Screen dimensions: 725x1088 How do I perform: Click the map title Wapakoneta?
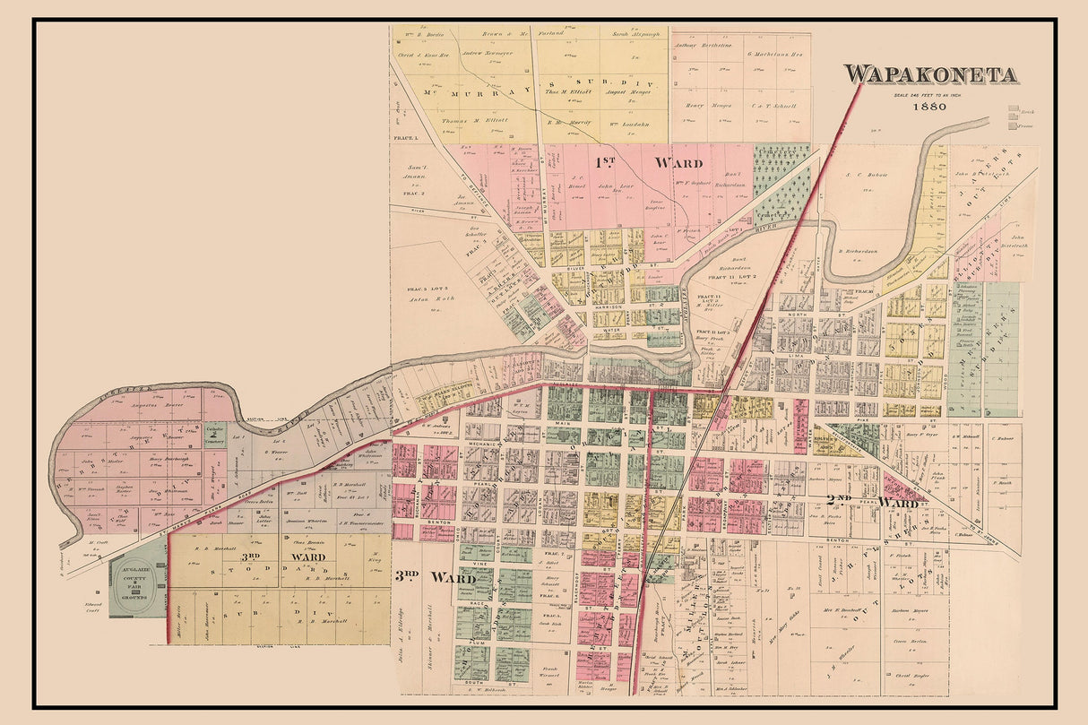[931, 74]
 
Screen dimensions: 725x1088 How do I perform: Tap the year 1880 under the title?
[931, 106]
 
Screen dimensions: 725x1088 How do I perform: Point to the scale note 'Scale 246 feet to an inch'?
[931, 93]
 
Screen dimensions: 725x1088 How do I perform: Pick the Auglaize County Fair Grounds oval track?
[138, 590]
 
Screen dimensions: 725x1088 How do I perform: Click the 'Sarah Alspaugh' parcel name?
[635, 33]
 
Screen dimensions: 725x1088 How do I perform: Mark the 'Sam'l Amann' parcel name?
[411, 173]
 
